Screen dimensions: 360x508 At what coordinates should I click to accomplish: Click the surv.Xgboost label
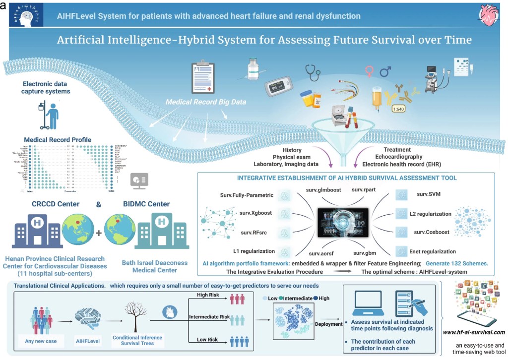(x=255, y=213)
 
